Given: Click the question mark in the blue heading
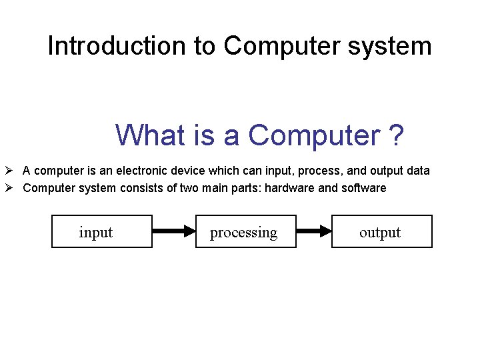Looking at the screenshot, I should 396,135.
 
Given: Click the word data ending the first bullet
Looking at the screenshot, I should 418,171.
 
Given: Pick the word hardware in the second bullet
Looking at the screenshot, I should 289,188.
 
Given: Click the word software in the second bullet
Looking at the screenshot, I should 363,188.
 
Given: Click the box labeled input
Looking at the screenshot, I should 102,231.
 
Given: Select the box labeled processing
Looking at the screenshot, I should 245,231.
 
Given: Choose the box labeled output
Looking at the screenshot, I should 382,231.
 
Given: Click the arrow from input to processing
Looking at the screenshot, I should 174,231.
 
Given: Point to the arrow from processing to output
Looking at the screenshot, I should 314,231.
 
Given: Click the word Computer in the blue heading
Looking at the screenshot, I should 313,135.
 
